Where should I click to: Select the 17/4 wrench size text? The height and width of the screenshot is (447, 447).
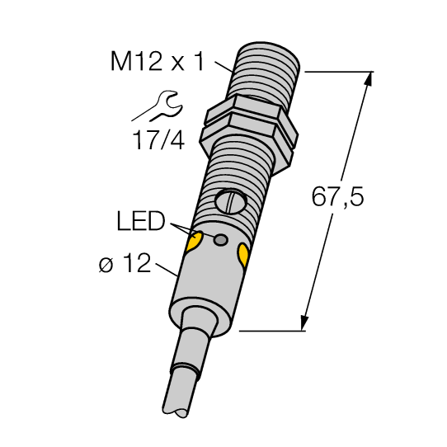[158, 140]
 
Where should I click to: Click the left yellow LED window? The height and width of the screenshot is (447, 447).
[195, 242]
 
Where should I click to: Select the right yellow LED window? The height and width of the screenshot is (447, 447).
[243, 255]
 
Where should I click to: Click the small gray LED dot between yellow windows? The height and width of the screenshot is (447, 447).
[220, 240]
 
